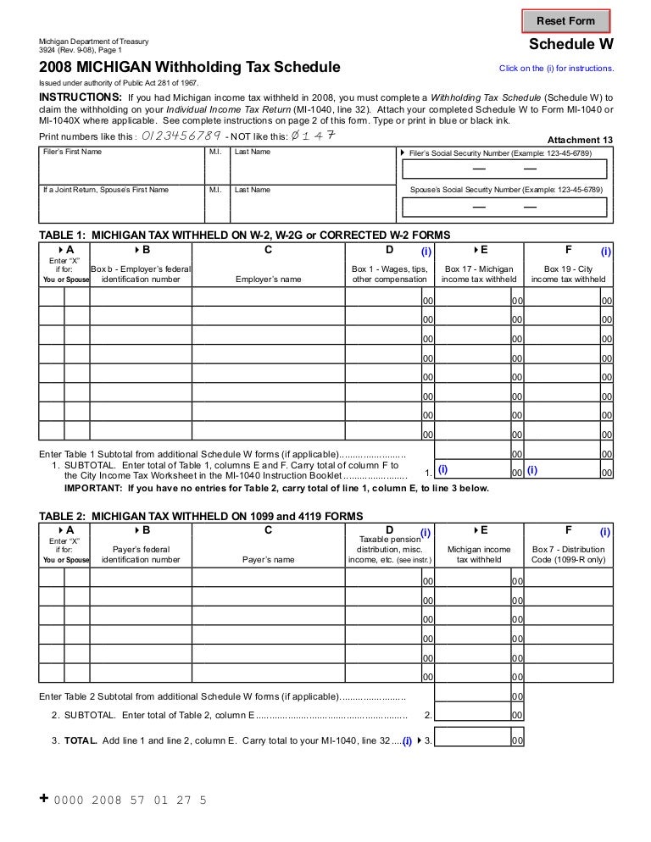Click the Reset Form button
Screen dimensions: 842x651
tap(566, 21)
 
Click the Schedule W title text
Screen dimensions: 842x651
tap(571, 45)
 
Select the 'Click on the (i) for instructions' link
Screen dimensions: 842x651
tap(557, 69)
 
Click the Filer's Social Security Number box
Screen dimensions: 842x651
tap(504, 169)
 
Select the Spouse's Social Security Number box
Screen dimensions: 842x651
tap(504, 205)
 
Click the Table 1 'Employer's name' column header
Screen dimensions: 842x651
tap(268, 279)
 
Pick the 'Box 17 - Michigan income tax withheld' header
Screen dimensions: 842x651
tap(480, 274)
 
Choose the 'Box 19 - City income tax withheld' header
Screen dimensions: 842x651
tap(568, 274)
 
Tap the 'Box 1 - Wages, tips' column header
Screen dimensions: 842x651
tap(390, 274)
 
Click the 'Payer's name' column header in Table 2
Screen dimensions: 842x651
tap(268, 559)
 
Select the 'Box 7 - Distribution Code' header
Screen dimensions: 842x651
tap(568, 554)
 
